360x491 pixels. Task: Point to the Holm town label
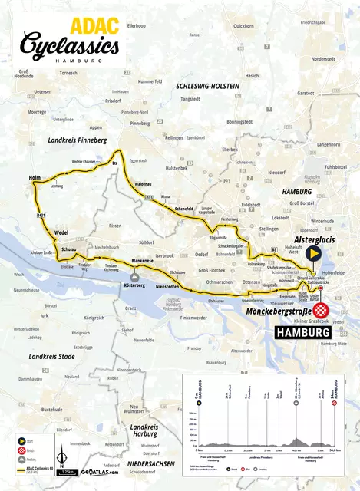point(35,178)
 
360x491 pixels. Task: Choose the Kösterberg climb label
point(134,285)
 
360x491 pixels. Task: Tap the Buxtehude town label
point(51,410)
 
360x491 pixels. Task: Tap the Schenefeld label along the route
point(183,208)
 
